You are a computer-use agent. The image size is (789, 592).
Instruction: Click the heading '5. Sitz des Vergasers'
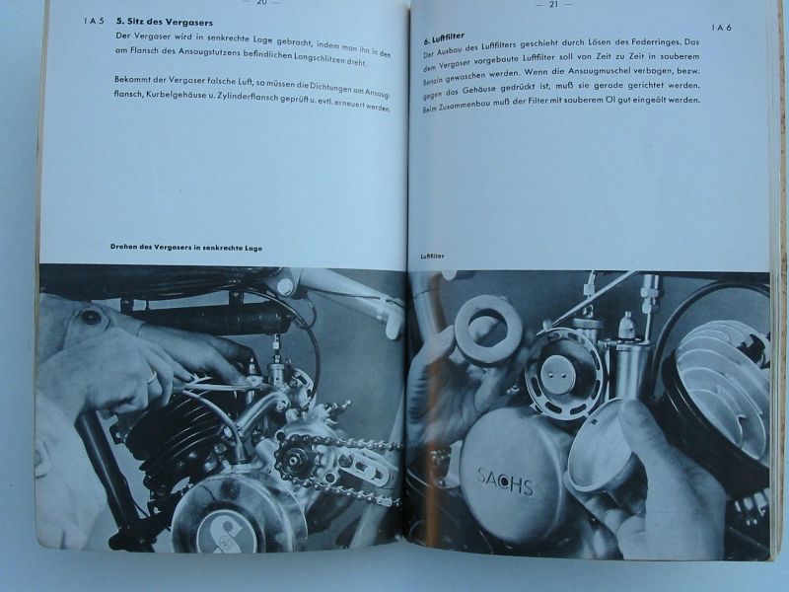click(x=164, y=22)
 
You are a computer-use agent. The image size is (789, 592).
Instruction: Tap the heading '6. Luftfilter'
click(x=444, y=37)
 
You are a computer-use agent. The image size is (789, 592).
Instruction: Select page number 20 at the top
click(x=262, y=3)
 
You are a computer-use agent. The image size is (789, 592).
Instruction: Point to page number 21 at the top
click(x=554, y=4)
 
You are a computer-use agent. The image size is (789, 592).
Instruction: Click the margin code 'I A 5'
click(x=94, y=21)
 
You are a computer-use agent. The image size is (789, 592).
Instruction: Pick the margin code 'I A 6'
click(x=721, y=28)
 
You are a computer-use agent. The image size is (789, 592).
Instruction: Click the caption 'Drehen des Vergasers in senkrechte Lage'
click(x=186, y=248)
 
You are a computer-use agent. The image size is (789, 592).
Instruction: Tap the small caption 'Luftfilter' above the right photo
click(x=432, y=256)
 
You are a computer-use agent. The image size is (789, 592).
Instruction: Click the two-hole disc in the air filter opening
click(x=553, y=375)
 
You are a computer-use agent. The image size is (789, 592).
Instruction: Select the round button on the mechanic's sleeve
click(x=91, y=317)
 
